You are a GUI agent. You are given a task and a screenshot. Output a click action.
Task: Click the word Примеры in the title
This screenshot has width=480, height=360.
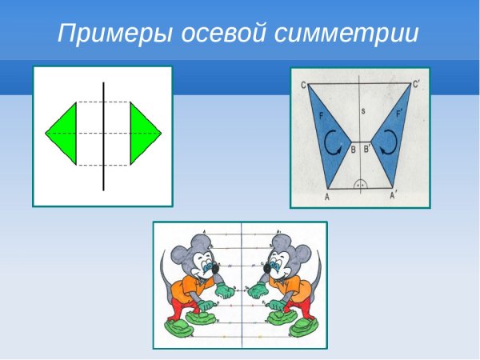click(x=105, y=34)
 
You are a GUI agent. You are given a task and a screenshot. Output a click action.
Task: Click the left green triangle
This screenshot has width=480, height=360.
click(x=63, y=133)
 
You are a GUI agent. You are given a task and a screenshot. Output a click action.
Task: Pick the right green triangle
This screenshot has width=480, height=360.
click(x=143, y=133)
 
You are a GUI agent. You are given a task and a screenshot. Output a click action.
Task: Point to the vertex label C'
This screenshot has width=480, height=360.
click(x=417, y=83)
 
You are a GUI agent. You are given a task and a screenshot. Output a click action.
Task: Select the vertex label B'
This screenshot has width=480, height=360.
click(x=367, y=149)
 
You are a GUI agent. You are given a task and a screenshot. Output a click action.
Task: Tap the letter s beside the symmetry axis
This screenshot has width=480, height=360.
click(x=362, y=111)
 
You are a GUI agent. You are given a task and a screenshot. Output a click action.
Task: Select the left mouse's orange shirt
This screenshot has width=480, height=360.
click(x=190, y=288)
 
